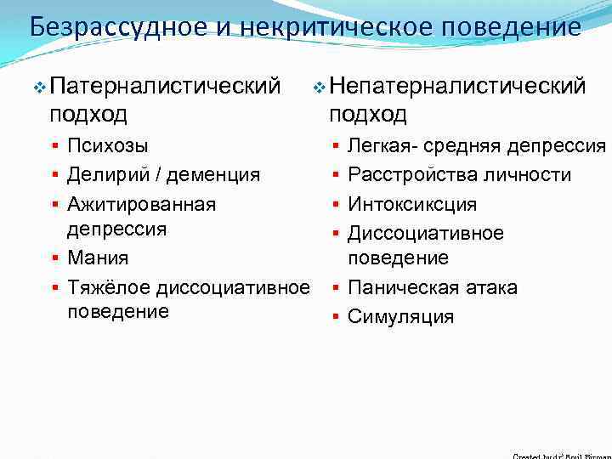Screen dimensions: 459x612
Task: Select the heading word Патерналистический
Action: (165, 86)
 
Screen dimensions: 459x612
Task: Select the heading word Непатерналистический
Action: (457, 86)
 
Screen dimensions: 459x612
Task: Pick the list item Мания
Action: (99, 258)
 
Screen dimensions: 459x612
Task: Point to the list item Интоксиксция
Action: (412, 204)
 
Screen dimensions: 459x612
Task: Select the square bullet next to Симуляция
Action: (336, 318)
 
